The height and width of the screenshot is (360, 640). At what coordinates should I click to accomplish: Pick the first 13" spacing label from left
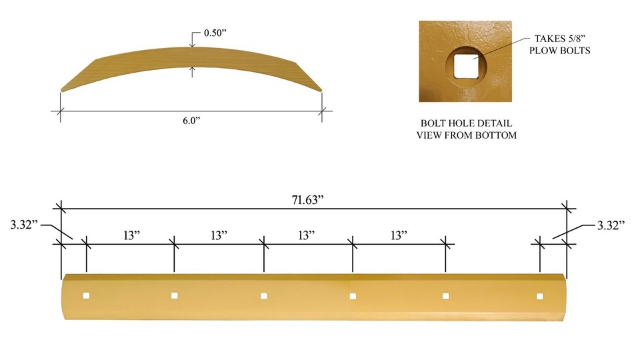pos(130,235)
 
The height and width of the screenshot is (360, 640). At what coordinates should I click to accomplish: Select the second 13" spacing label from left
pos(219,235)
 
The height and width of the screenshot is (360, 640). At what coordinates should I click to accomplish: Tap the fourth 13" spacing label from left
pos(398,235)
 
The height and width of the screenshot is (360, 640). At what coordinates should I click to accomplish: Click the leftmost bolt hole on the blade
pos(86,295)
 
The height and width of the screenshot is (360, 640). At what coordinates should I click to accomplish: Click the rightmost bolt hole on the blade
pos(540,296)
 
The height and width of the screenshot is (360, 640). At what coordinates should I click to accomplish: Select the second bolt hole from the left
pos(175,295)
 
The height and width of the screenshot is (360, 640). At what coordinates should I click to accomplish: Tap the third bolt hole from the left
pos(264,295)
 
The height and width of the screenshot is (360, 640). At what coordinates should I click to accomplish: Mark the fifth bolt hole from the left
pos(445,296)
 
